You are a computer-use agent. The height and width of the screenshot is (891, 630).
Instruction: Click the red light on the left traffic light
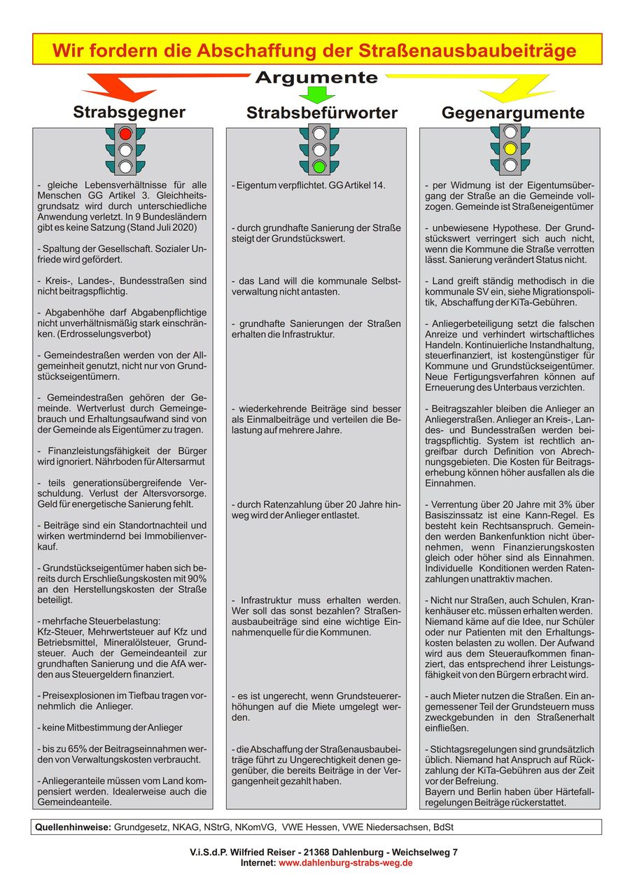click(125, 133)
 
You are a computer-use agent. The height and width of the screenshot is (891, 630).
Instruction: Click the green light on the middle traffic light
click(319, 167)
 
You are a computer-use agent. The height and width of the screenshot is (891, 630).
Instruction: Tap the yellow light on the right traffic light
click(510, 148)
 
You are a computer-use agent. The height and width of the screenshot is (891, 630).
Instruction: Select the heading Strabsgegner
click(129, 113)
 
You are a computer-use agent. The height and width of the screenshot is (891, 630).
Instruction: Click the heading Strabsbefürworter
click(322, 113)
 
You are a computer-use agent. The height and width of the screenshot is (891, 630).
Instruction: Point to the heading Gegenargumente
click(513, 113)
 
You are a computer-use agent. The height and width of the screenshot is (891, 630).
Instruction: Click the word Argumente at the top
click(316, 78)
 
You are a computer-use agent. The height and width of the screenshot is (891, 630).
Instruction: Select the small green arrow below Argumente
click(317, 95)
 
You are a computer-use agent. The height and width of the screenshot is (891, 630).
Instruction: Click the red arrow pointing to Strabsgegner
click(126, 88)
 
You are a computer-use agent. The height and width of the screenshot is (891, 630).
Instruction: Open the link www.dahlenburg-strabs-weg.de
click(346, 863)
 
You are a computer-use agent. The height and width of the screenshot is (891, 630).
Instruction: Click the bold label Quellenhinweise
click(73, 827)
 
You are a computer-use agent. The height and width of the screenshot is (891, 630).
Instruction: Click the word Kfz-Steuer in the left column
click(57, 632)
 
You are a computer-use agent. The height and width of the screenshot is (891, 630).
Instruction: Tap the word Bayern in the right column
click(440, 792)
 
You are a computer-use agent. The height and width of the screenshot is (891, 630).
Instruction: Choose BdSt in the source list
click(442, 827)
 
